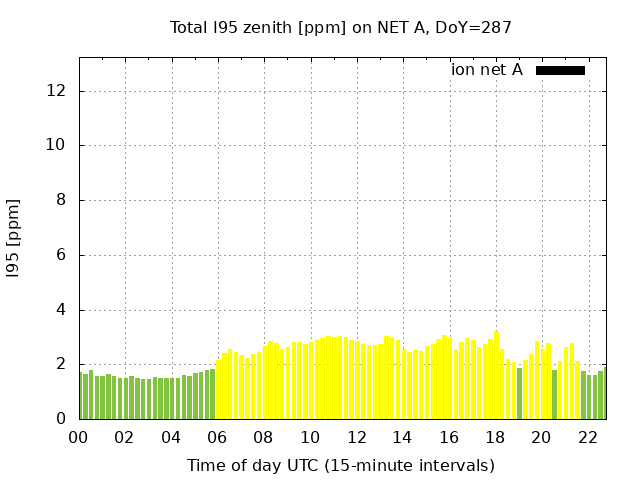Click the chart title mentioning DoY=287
click(340, 28)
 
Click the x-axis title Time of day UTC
click(340, 465)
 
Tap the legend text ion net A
click(486, 70)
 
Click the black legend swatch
click(560, 70)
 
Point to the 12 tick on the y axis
click(57, 91)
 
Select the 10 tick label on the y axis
click(57, 145)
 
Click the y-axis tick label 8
click(61, 200)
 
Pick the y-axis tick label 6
click(61, 255)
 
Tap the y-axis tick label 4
click(61, 310)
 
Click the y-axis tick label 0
click(61, 419)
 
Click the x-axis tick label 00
click(79, 437)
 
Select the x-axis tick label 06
click(218, 437)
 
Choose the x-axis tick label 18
click(496, 437)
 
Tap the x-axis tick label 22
click(588, 437)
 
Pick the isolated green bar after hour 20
click(554, 395)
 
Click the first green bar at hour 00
click(81, 396)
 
